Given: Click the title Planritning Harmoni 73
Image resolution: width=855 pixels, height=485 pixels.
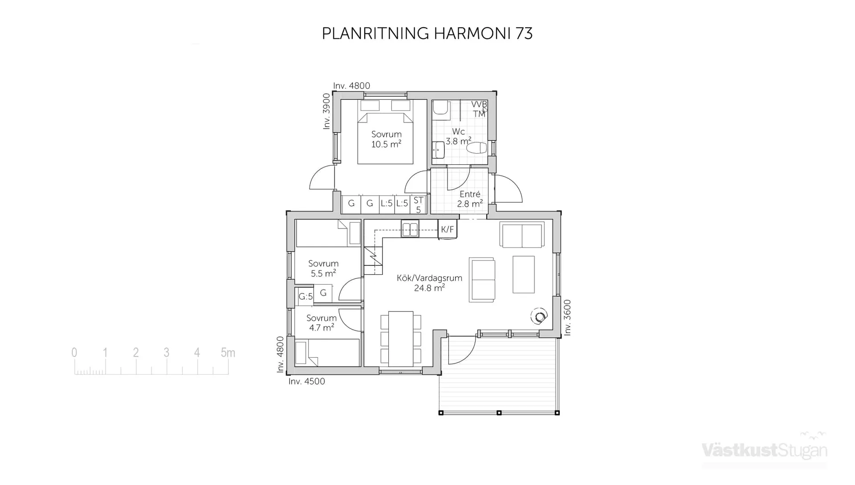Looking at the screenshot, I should pyautogui.click(x=427, y=34).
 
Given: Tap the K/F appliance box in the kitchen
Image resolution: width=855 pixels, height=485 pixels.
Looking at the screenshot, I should pyautogui.click(x=447, y=229).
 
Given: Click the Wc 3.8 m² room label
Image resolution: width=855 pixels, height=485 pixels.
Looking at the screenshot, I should pyautogui.click(x=458, y=136).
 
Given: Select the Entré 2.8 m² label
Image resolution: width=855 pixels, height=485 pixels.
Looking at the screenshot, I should pyautogui.click(x=470, y=199).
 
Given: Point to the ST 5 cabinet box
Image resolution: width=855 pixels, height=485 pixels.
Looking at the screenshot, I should pyautogui.click(x=418, y=205).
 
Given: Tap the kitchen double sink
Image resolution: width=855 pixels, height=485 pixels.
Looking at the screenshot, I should pyautogui.click(x=410, y=229).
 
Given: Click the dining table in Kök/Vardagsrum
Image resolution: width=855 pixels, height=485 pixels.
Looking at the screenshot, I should pyautogui.click(x=401, y=338).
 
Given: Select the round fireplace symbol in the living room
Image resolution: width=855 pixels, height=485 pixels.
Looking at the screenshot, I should pyautogui.click(x=540, y=317).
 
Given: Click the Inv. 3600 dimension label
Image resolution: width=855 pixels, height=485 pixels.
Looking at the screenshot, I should pyautogui.click(x=567, y=318).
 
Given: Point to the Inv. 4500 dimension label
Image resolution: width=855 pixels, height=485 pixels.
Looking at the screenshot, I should pyautogui.click(x=306, y=382).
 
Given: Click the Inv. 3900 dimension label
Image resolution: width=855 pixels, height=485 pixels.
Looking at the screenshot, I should pyautogui.click(x=326, y=111).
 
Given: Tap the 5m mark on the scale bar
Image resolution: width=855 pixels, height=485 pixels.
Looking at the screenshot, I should pyautogui.click(x=228, y=353).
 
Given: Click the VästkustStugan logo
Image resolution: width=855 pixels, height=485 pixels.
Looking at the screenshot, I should pyautogui.click(x=764, y=450).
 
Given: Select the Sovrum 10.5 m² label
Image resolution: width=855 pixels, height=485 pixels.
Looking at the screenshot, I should pyautogui.click(x=386, y=139).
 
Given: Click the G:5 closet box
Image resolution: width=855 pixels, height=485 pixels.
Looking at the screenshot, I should pyautogui.click(x=305, y=297).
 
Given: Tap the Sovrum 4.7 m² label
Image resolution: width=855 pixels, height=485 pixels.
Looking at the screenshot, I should pyautogui.click(x=321, y=323).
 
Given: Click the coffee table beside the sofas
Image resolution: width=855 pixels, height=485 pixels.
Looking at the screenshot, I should pyautogui.click(x=523, y=274).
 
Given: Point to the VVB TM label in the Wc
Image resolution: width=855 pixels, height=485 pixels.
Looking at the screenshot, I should pyautogui.click(x=479, y=109).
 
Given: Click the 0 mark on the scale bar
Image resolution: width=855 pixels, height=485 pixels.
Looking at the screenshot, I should pyautogui.click(x=74, y=353).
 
